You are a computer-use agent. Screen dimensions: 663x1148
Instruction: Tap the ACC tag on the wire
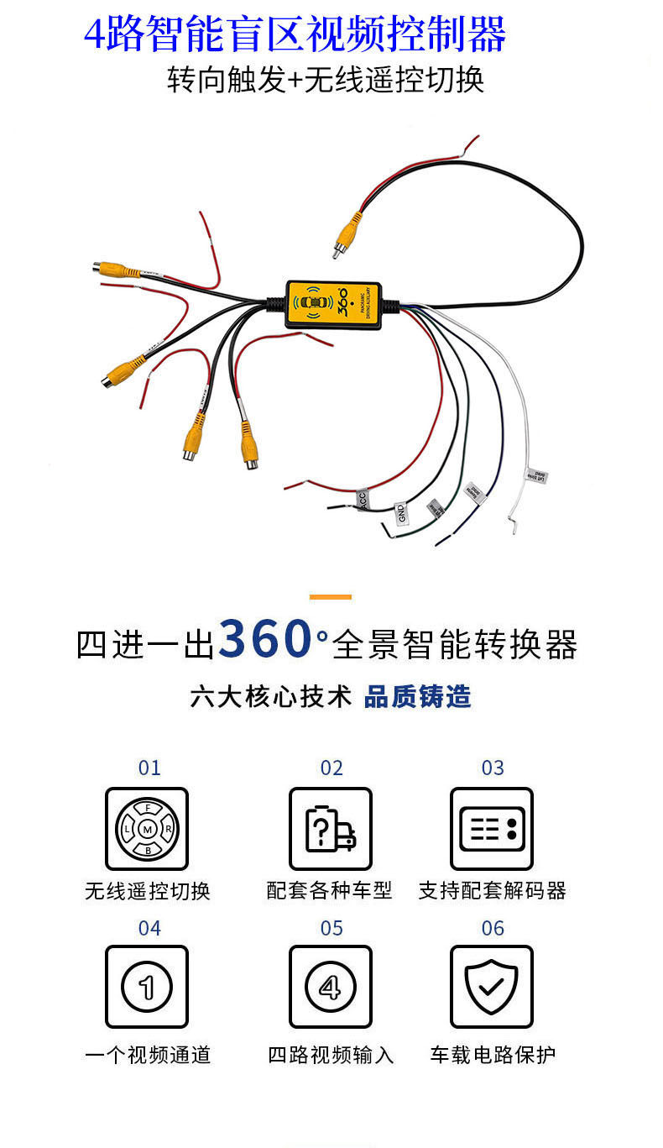pos(362,500)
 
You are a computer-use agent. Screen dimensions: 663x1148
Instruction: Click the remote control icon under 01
pos(147,829)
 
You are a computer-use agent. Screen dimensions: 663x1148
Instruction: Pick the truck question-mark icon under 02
pos(331,829)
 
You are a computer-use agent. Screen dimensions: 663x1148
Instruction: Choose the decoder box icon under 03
pos(492,829)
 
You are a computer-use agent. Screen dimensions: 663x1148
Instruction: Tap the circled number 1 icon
pos(147,987)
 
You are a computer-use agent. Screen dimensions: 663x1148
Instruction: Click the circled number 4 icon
pos(331,987)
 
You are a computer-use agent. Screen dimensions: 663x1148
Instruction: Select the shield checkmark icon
pos(492,987)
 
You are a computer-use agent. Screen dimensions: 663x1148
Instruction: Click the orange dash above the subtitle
pos(331,597)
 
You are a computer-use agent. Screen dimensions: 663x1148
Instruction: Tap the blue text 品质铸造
pos(417,696)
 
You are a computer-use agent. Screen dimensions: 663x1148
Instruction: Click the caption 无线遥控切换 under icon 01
pos(147,891)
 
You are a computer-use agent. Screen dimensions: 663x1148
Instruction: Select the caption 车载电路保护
pos(493,1055)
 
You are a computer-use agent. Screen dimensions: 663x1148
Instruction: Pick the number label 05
pos(331,928)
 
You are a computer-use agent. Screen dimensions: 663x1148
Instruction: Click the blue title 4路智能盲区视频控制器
pos(295,34)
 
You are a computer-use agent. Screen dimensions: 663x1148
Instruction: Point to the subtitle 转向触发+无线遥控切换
pos(326,81)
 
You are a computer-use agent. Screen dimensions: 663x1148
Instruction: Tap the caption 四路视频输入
pos(331,1055)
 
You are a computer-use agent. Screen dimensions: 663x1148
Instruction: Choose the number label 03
pos(493,768)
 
